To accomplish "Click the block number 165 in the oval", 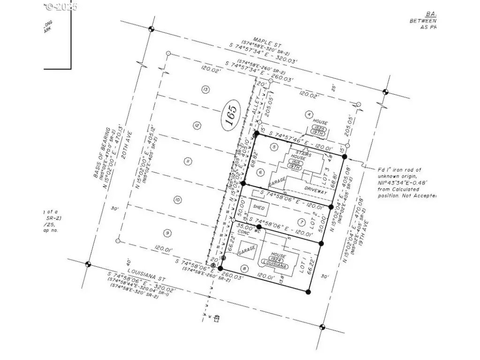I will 230,114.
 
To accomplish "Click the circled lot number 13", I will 205,90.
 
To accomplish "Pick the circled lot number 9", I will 167,232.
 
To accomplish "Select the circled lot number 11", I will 187,162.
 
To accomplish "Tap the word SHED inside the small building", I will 259,207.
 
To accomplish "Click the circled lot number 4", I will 308,114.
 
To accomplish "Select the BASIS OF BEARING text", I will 101,152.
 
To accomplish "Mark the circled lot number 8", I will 244,268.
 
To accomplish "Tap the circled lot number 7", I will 301,222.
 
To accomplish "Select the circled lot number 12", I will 196,125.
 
